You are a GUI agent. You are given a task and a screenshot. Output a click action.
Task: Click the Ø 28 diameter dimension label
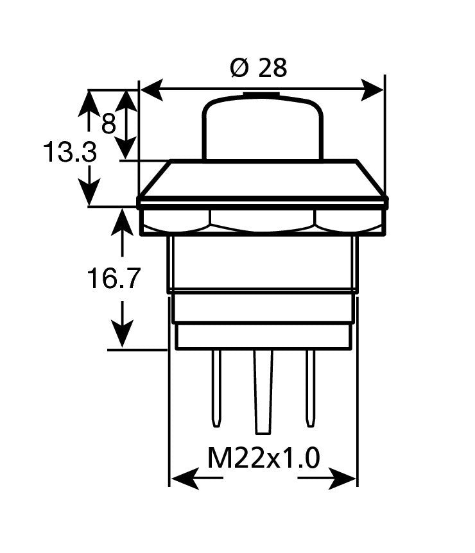[258, 67]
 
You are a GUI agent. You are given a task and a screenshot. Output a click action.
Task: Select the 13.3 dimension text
[70, 153]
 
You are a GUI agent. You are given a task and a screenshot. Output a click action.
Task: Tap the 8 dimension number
[108, 123]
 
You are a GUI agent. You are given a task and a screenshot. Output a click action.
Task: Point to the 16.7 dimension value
[113, 279]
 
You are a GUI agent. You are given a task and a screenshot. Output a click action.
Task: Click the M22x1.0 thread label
[263, 459]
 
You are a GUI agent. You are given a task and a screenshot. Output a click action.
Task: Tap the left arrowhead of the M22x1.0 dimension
[183, 477]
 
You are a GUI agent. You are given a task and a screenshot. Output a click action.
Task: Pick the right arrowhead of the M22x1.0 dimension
[344, 477]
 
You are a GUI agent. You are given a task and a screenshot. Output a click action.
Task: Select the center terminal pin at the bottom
[263, 391]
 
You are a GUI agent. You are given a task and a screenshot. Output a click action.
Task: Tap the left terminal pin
[216, 388]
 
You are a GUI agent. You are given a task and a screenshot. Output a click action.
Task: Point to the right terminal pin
[310, 388]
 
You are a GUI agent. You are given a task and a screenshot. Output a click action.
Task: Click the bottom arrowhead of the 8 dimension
[127, 147]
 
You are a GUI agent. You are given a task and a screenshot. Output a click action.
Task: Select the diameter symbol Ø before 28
[239, 67]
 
